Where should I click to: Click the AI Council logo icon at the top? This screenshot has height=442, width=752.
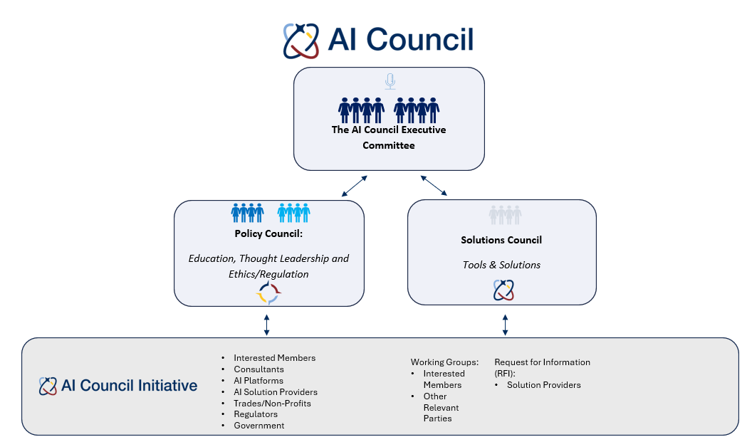301,41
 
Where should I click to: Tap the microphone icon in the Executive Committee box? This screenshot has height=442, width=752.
390,81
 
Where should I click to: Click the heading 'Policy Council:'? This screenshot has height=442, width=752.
268,233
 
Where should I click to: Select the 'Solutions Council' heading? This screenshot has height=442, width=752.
501,240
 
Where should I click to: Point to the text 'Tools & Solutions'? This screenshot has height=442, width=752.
501,265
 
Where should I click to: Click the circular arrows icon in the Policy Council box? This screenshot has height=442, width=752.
268,292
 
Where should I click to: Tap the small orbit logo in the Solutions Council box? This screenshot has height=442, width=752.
503,290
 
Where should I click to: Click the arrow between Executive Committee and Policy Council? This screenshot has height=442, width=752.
354,186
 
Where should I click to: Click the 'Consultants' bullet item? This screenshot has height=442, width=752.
258,369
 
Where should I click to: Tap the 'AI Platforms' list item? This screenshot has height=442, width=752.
258,381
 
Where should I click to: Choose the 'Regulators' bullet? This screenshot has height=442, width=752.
256,414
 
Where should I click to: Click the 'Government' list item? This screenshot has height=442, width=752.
258,426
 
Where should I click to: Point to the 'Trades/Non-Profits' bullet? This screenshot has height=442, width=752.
272,403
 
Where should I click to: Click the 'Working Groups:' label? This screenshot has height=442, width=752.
444,362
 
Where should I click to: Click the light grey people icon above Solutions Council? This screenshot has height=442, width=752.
505,215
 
